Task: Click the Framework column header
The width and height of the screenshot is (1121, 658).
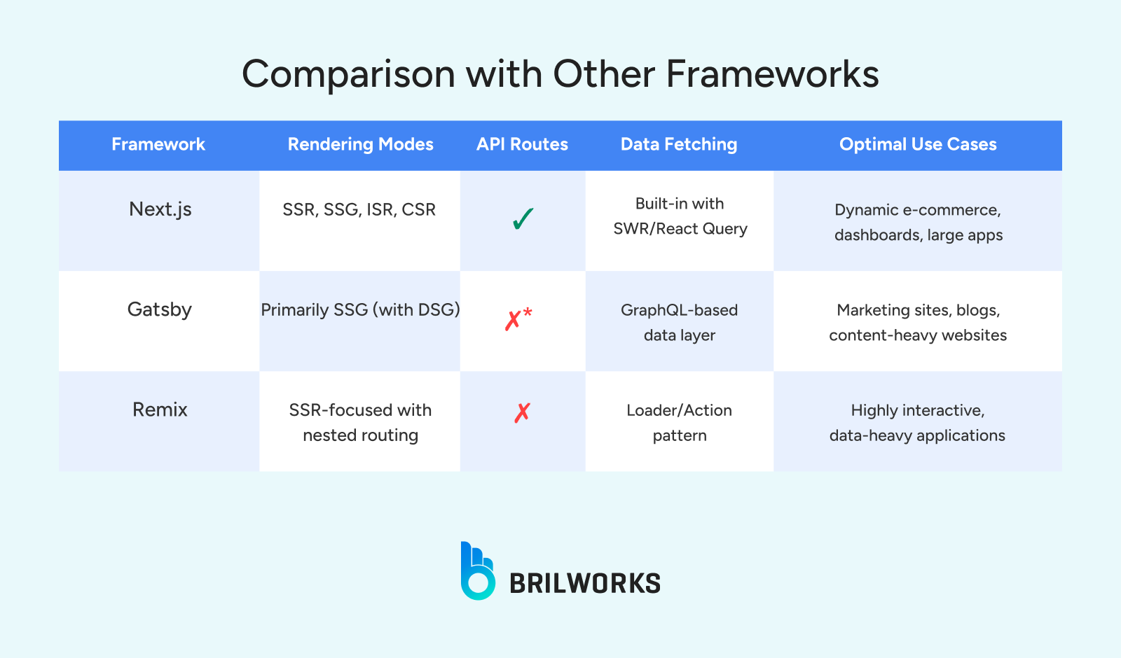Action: click(x=158, y=144)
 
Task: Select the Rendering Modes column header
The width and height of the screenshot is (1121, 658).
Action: click(x=360, y=144)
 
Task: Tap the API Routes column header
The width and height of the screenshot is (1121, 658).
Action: click(x=522, y=144)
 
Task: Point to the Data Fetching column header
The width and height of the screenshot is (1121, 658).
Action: click(x=679, y=144)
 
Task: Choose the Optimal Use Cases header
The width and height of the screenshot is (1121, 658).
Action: click(x=918, y=144)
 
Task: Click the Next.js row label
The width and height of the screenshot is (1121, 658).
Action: click(x=160, y=209)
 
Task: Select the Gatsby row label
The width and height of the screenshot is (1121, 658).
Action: click(x=160, y=309)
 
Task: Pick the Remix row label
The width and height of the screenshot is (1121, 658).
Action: click(x=160, y=409)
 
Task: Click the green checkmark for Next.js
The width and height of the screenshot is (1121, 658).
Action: click(x=523, y=219)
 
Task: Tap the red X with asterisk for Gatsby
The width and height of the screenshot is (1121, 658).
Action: click(x=518, y=319)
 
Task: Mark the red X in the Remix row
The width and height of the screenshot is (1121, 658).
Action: click(x=522, y=413)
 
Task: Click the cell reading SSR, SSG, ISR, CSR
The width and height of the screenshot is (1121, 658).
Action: click(x=359, y=210)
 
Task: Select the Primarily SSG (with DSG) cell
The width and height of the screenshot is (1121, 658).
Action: click(x=360, y=310)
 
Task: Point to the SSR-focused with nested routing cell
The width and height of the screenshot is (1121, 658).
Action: click(x=360, y=423)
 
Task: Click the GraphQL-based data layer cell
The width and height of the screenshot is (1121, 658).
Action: click(x=680, y=323)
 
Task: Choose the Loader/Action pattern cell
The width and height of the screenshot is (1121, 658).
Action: click(x=680, y=423)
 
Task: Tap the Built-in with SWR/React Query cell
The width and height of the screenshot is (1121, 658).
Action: click(x=680, y=216)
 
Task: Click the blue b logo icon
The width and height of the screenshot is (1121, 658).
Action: click(x=477, y=571)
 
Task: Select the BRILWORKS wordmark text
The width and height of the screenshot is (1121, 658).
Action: click(x=585, y=583)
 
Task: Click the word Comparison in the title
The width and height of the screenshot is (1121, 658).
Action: click(x=348, y=74)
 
